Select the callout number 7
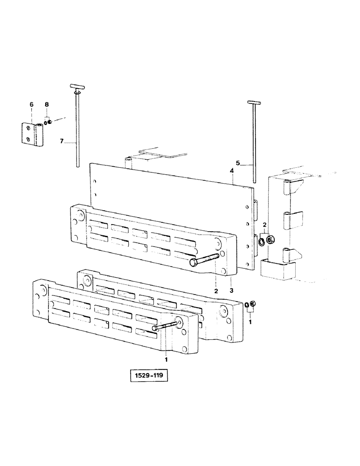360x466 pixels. click(x=61, y=141)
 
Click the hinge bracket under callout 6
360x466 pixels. click(x=31, y=134)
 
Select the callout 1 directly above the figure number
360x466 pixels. click(x=166, y=359)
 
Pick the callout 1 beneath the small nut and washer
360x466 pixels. click(x=250, y=322)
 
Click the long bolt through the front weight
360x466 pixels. click(x=166, y=327)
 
